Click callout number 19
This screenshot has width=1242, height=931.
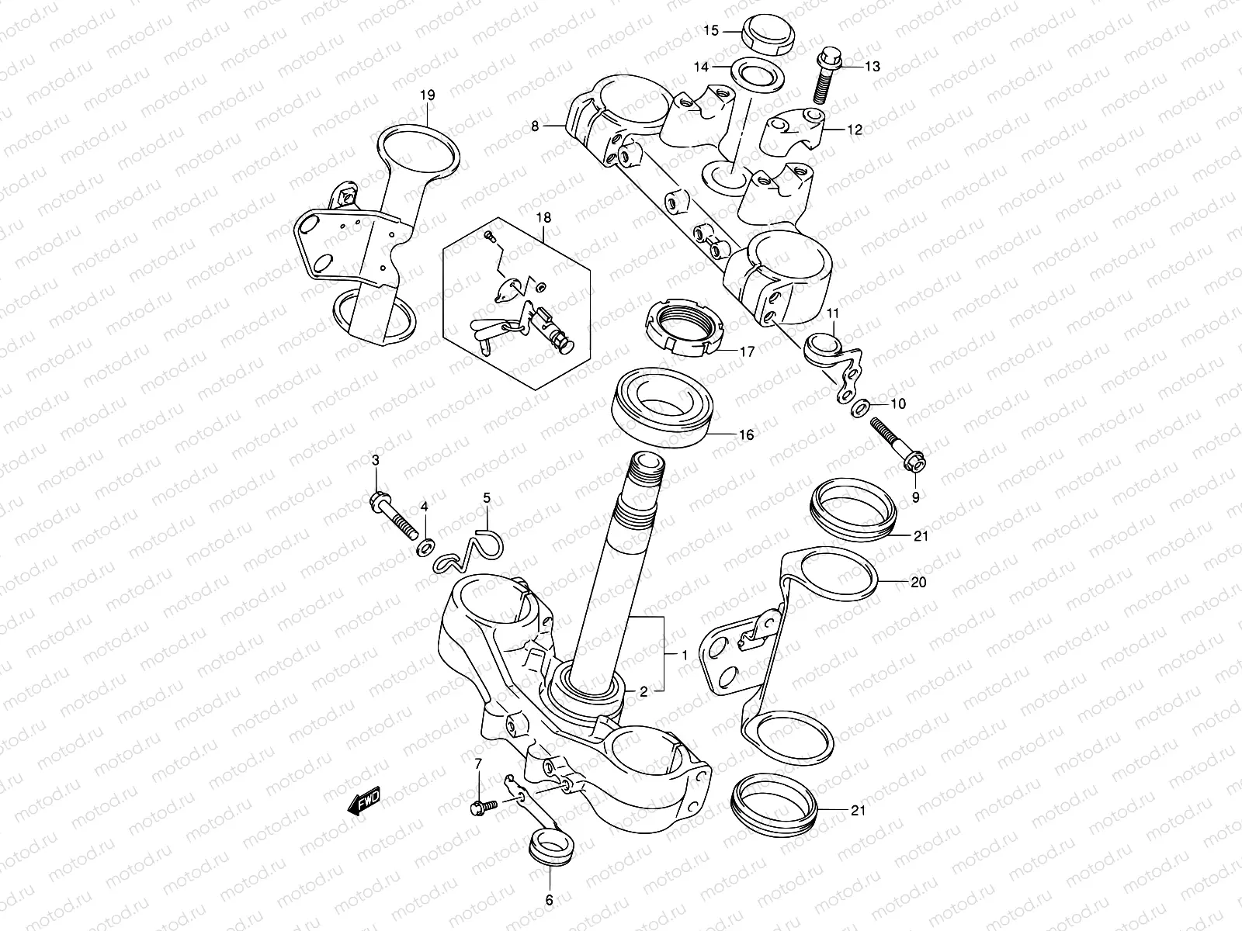(x=427, y=95)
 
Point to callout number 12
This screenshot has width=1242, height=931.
(x=854, y=130)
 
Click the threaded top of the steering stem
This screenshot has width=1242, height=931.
(x=646, y=469)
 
